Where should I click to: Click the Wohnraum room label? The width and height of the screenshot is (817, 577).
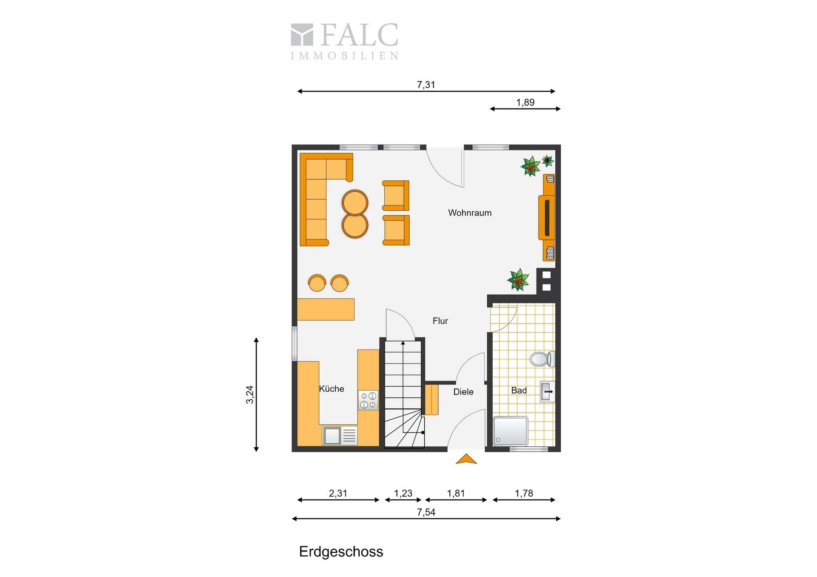coord(470,213)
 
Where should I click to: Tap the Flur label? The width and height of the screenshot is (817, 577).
coord(440,321)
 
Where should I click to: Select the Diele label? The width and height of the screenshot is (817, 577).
coord(463,392)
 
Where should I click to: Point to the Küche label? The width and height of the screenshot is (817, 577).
coord(331,389)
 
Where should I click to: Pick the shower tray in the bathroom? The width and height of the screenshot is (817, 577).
coord(510,431)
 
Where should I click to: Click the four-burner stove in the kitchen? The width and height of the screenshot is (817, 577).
coord(368,400)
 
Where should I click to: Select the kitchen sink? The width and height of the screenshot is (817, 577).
coord(340,435)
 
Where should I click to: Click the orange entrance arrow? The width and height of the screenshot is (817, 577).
coord(466,459)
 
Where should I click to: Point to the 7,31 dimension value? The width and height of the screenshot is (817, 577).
coord(426,85)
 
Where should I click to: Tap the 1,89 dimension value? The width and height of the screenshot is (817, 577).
coord(526,102)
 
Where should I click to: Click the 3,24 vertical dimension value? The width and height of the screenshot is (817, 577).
coord(250,395)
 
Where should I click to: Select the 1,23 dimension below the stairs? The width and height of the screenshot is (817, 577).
coord(403,493)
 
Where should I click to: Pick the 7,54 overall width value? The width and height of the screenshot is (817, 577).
coord(426,512)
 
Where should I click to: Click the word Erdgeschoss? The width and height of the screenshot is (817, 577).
coord(341,552)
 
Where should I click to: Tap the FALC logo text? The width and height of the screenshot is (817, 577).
coord(360,35)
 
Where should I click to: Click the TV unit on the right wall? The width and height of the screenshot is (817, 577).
coord(547,217)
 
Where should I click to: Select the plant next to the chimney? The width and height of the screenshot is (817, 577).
coord(518,280)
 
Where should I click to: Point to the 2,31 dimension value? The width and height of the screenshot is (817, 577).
coord(338,493)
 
